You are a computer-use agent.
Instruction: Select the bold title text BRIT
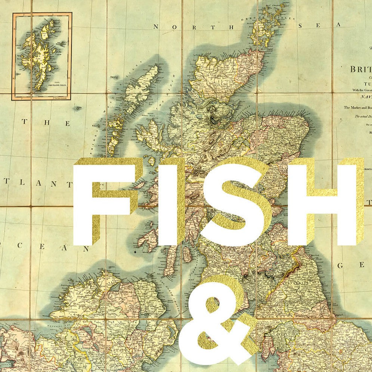tap(360, 69)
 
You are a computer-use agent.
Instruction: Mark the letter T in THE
tap(25, 122)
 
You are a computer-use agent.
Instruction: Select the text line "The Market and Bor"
tap(357, 107)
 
